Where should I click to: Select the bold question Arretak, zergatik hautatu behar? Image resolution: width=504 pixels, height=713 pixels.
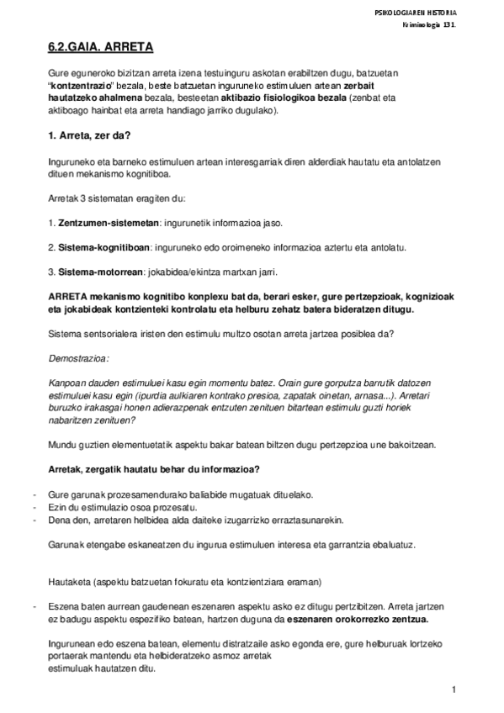coord(152,468)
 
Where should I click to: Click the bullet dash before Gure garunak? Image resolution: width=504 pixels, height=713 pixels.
coord(32,494)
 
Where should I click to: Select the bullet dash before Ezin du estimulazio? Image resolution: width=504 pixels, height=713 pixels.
coord(32,507)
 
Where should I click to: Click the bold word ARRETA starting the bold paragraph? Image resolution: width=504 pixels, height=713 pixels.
coord(68,297)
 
